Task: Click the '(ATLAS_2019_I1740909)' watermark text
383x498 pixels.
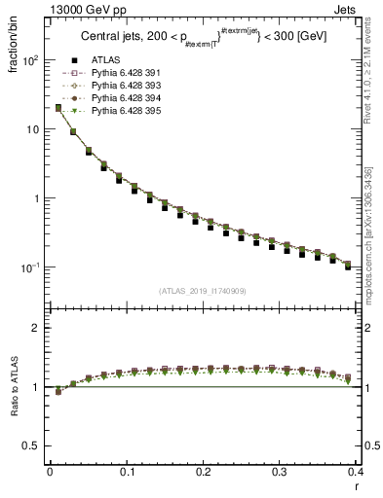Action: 203,291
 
